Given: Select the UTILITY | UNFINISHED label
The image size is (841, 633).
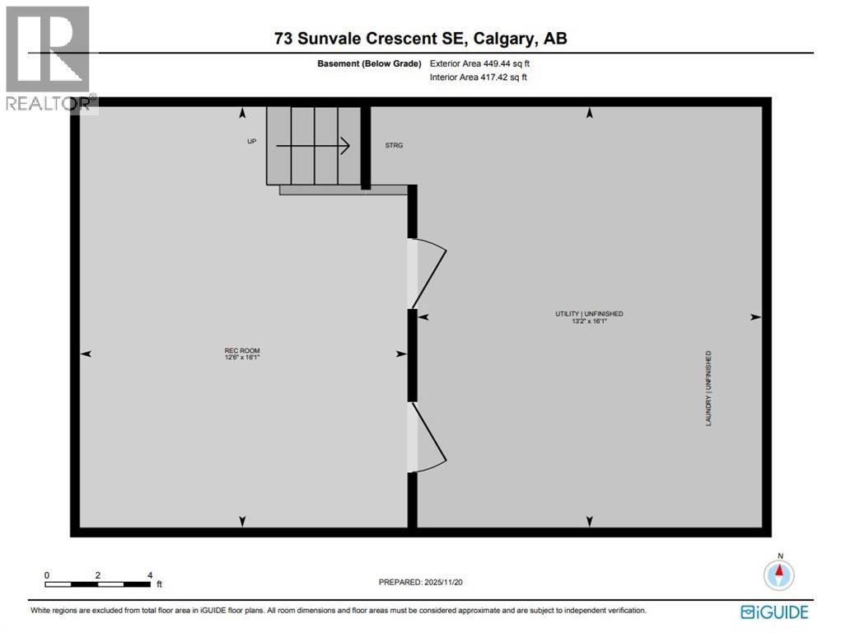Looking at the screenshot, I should click(x=588, y=313).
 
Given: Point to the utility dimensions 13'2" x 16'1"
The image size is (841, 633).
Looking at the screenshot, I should click(x=588, y=321).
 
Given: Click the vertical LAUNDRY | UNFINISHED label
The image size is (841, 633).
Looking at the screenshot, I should click(x=708, y=388).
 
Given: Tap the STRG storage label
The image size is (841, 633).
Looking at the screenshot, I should click(x=394, y=145).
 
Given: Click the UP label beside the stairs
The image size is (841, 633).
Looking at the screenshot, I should click(x=252, y=141).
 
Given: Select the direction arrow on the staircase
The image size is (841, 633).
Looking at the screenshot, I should click(x=313, y=146).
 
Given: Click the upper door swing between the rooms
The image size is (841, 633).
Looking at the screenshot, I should click(x=429, y=272).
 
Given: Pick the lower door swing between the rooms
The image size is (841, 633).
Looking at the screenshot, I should click(x=429, y=438).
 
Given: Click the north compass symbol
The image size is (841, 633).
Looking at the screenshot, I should click(x=778, y=572).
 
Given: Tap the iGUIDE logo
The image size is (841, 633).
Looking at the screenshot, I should click(x=774, y=612).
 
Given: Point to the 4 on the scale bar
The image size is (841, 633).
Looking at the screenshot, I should click(x=149, y=574).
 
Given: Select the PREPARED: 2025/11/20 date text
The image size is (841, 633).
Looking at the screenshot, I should click(x=427, y=582).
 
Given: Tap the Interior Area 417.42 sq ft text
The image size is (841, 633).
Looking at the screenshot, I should click(x=478, y=77).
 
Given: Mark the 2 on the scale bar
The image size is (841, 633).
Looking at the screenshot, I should click(x=98, y=574).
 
